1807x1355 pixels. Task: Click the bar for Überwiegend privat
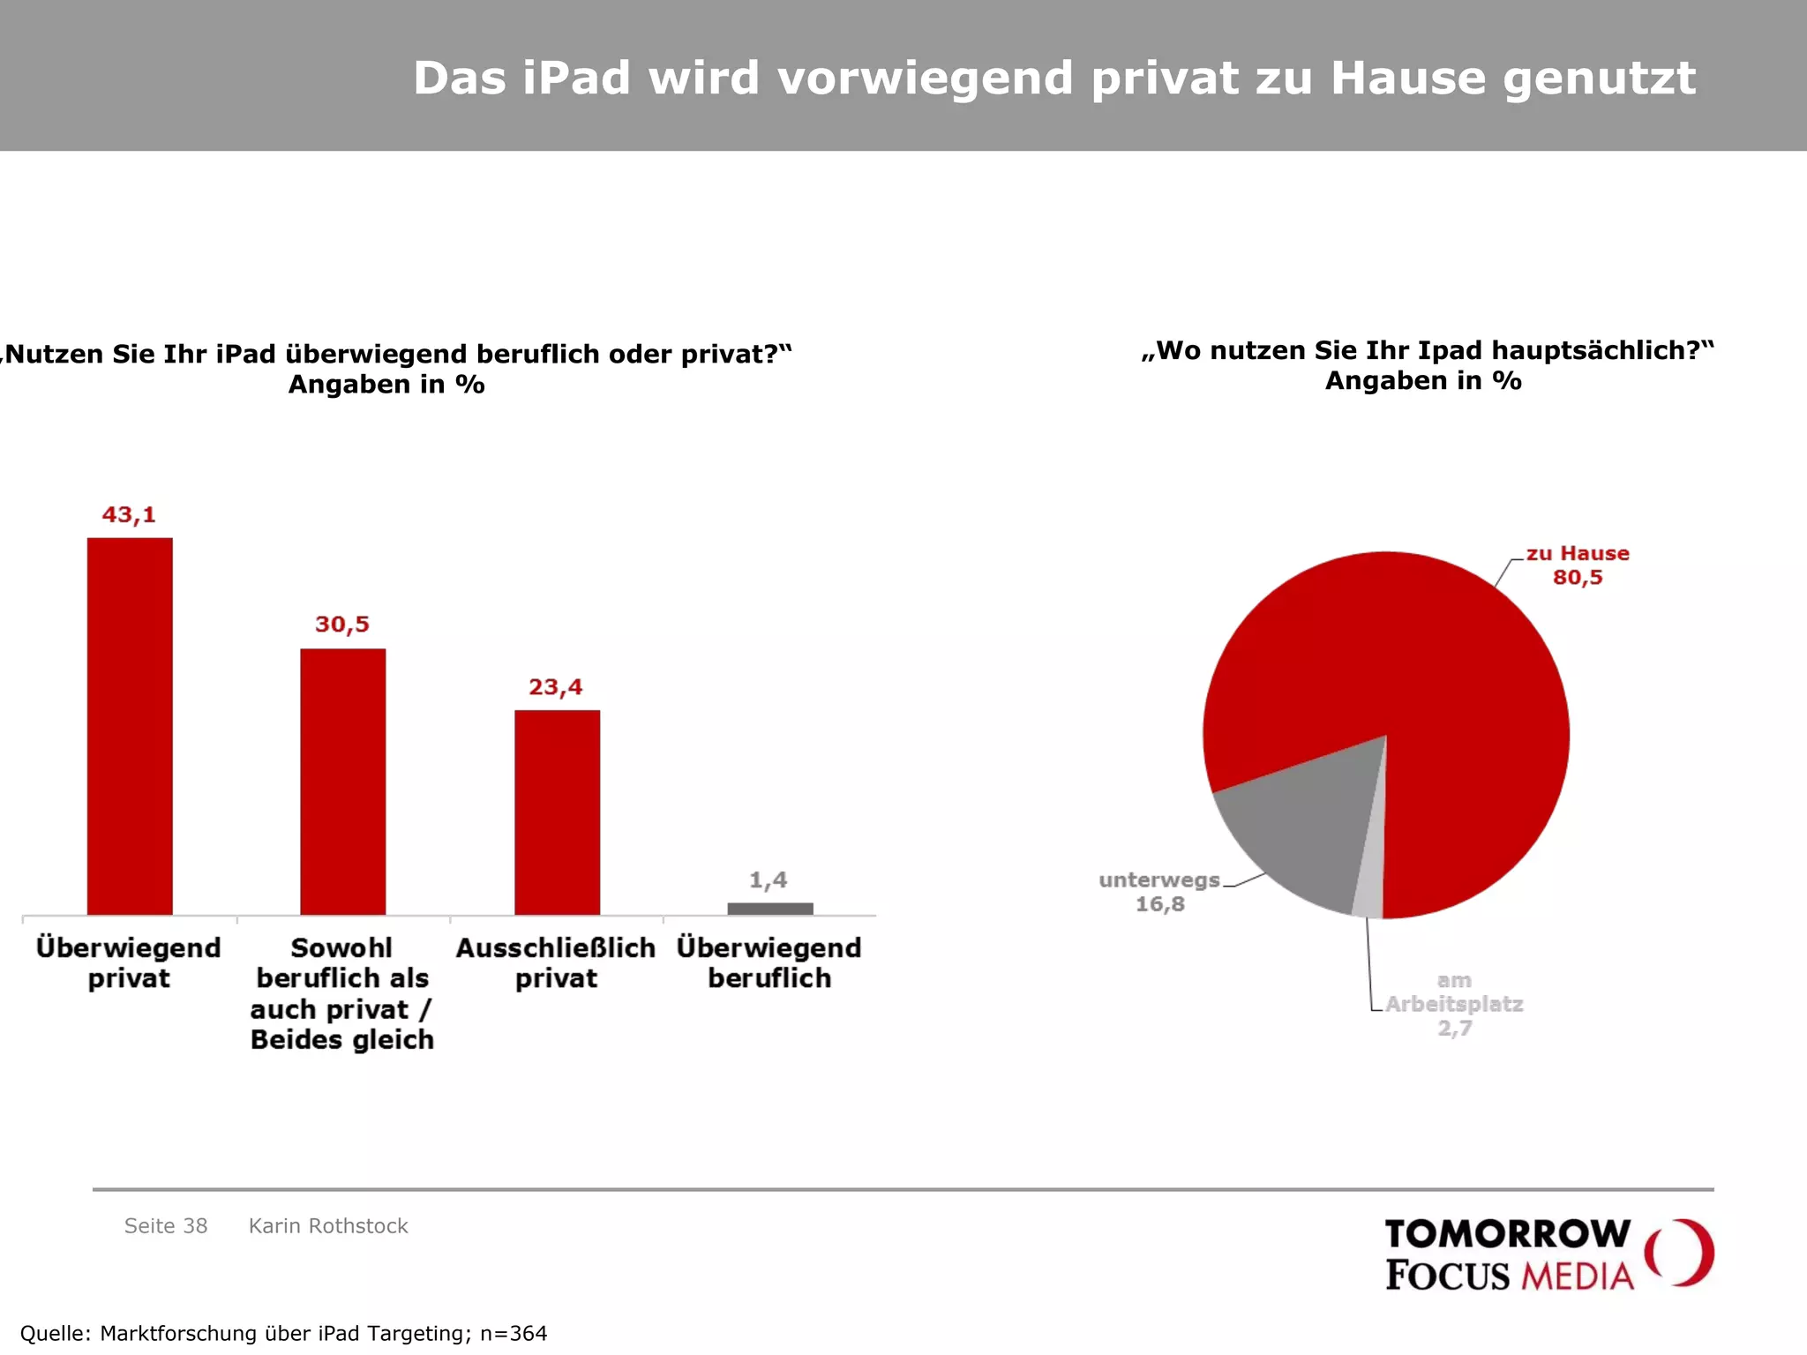click(x=130, y=726)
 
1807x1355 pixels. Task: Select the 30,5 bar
click(x=343, y=782)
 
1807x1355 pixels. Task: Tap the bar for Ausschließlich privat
click(x=557, y=812)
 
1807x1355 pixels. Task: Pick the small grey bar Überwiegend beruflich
click(x=770, y=909)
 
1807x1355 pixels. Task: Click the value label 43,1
click(x=129, y=514)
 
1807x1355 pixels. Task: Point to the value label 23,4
click(x=556, y=687)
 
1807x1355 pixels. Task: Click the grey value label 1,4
click(x=769, y=880)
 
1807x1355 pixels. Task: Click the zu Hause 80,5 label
click(x=1578, y=565)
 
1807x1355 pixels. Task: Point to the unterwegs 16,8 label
click(x=1159, y=892)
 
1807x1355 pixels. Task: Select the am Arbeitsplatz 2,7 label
click(x=1454, y=1004)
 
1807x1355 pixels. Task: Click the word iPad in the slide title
click(x=577, y=78)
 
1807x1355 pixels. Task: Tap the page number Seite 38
click(x=166, y=1226)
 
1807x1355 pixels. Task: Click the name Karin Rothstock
click(x=328, y=1226)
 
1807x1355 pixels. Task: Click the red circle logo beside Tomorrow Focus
click(x=1681, y=1253)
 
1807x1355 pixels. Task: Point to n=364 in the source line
click(x=514, y=1333)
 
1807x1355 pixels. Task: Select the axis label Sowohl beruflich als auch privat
click(x=342, y=993)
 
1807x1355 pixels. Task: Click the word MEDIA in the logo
click(x=1578, y=1276)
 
